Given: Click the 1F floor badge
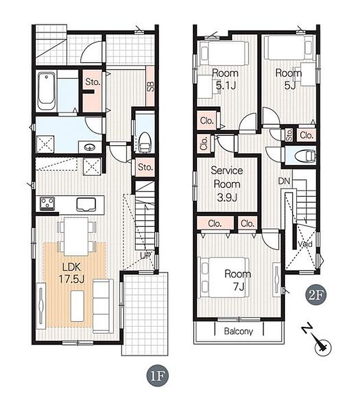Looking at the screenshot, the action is (x=157, y=376).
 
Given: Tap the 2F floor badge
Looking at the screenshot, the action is (x=316, y=295).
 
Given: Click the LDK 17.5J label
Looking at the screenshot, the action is (x=71, y=273).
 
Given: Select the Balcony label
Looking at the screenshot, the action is (x=238, y=331).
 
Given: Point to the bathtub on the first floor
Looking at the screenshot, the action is (x=47, y=92).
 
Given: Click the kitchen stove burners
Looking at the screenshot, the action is (x=47, y=203).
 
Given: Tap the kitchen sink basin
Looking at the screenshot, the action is (x=86, y=204).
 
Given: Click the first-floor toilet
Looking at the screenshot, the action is (x=145, y=142).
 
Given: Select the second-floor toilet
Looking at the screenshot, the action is (x=305, y=157).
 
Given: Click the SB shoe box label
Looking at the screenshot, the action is (x=150, y=86).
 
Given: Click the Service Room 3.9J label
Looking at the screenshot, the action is (x=227, y=184).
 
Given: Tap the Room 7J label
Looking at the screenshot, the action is (x=238, y=280).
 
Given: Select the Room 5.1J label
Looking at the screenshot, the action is (x=225, y=79).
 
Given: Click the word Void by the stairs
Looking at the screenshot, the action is (x=305, y=244).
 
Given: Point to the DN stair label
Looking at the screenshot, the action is (x=284, y=181).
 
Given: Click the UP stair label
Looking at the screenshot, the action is (x=145, y=256).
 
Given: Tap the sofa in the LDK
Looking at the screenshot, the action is (x=103, y=306).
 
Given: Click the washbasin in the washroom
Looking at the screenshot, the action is (x=90, y=147).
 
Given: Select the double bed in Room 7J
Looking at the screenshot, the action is (x=225, y=277).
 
